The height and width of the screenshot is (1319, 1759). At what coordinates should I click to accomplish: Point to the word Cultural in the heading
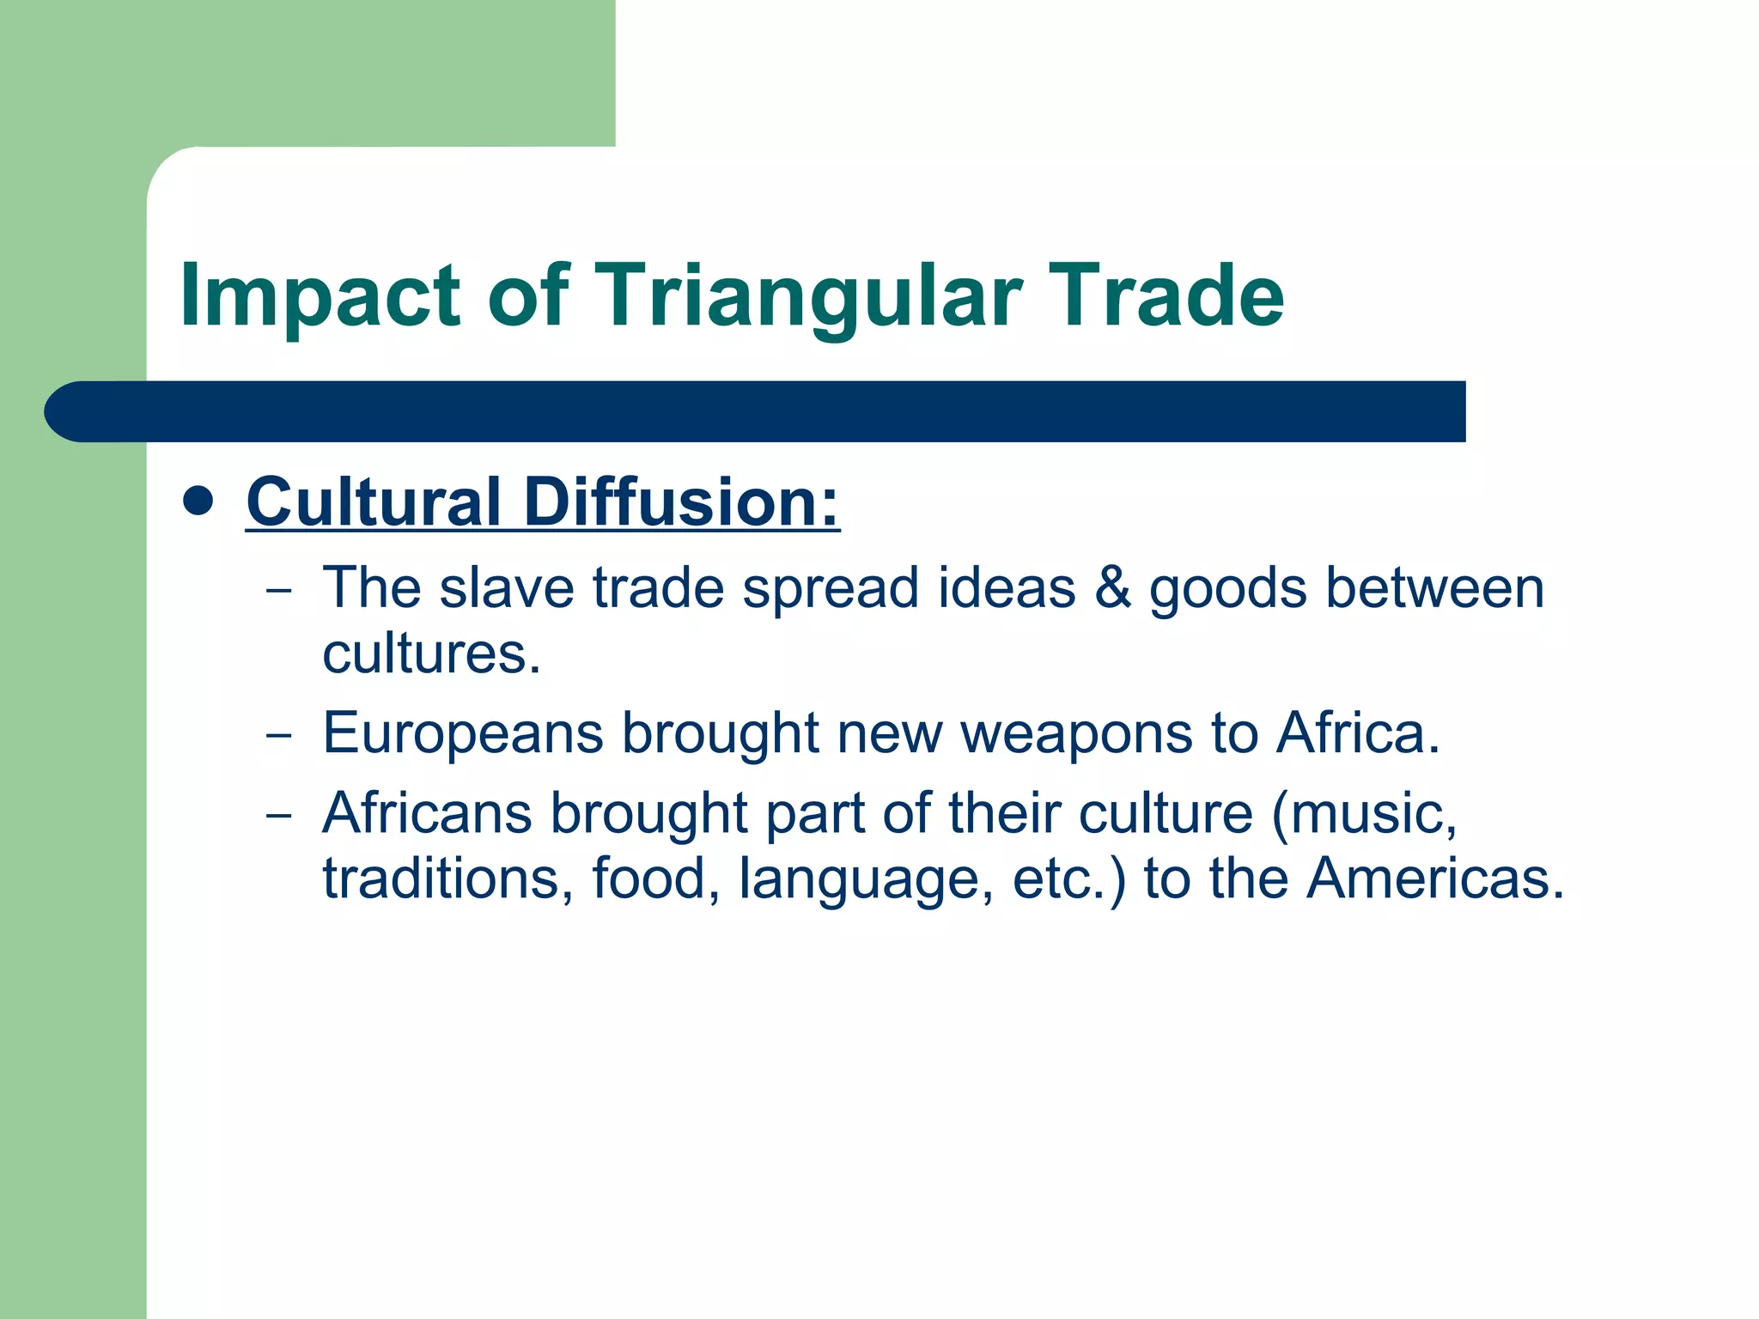(x=374, y=501)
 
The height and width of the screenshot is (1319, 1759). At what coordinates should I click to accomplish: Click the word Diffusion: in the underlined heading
(x=681, y=501)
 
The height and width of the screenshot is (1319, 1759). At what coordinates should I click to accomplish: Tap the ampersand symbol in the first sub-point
(x=1112, y=588)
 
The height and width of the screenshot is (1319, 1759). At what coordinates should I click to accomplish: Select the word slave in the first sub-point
(x=507, y=588)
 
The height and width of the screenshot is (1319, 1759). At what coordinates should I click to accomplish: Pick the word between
(x=1434, y=588)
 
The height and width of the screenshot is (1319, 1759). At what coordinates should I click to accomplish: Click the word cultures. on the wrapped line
(x=432, y=654)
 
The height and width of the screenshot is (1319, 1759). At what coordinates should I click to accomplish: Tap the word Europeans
(x=463, y=734)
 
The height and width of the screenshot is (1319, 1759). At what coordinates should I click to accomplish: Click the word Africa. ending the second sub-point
(x=1358, y=734)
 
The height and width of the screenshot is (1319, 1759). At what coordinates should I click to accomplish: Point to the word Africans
(x=427, y=813)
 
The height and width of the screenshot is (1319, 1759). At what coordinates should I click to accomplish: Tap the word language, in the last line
(x=866, y=879)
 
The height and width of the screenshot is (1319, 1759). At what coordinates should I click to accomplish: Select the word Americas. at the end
(x=1435, y=879)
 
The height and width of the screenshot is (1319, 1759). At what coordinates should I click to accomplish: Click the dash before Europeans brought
(x=278, y=736)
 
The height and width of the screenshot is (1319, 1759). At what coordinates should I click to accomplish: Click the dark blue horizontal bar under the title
(x=756, y=411)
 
